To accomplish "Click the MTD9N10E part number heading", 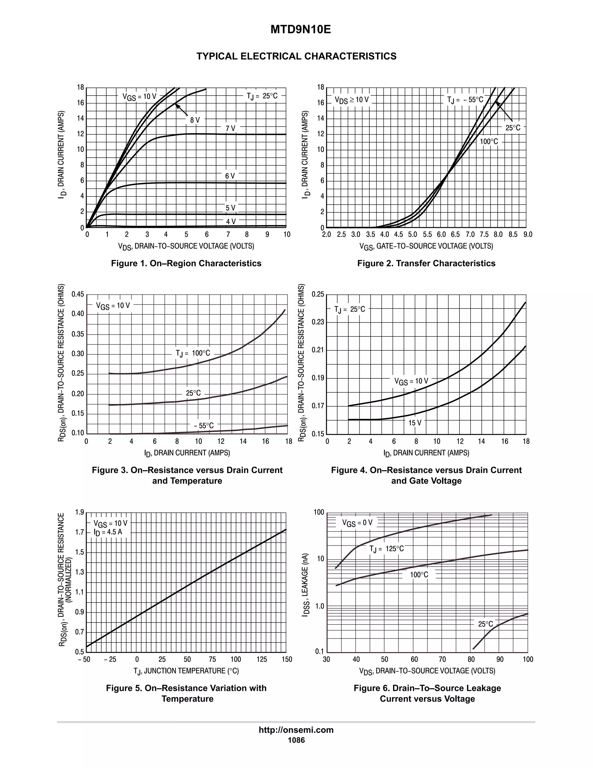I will coord(300,30).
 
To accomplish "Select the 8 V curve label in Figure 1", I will coord(195,120).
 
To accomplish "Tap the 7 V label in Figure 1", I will coord(230,129).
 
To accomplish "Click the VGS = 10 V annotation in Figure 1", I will coord(139,97).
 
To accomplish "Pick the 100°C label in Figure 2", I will coord(489,142).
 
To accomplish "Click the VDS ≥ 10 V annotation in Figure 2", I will coord(351,100).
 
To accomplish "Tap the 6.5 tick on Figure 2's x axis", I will coord(455,234).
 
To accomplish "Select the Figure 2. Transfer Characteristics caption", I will coord(426,263).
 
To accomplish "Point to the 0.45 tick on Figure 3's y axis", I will coord(78,294).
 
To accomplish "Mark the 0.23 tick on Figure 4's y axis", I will coord(318,322).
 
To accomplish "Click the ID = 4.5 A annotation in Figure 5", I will coord(108,532).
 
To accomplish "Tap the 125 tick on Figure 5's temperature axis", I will coord(262,659).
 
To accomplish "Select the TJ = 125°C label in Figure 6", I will coord(387,549).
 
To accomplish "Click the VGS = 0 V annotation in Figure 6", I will coord(357,523).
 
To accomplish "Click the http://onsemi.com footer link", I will coord(296,730).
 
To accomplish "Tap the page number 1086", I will coord(296,740).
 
